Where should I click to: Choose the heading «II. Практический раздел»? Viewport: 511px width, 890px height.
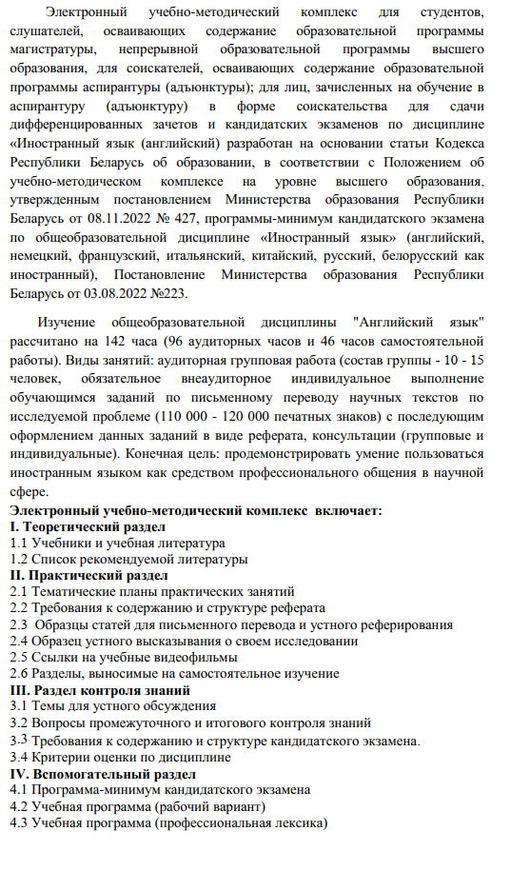point(88,576)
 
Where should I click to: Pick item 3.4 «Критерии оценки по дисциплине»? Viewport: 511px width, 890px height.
point(120,756)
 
